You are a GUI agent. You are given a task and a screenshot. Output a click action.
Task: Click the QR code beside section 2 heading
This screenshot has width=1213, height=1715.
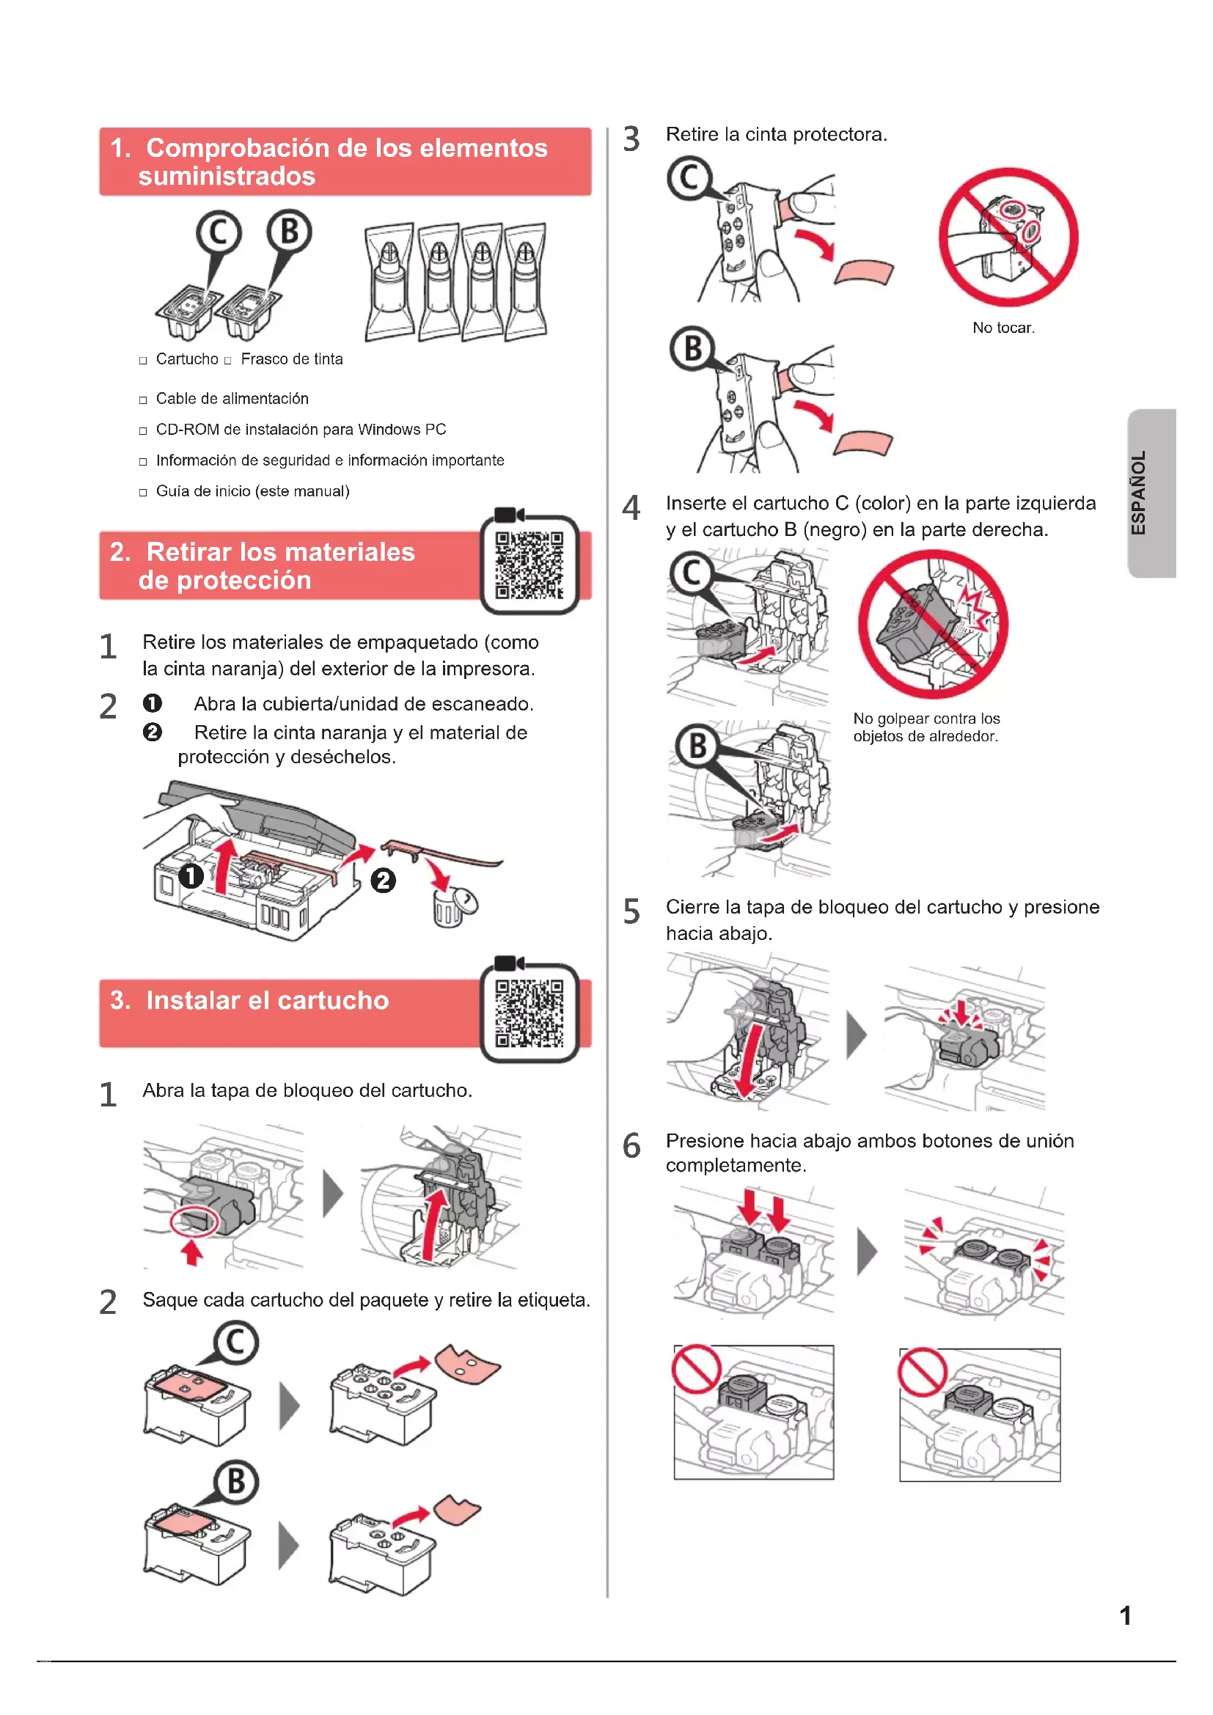click(x=529, y=565)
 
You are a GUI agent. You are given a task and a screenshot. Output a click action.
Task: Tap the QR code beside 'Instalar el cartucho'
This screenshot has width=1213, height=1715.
click(x=529, y=1013)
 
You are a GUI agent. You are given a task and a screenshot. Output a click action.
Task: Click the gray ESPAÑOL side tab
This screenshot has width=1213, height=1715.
click(x=1151, y=493)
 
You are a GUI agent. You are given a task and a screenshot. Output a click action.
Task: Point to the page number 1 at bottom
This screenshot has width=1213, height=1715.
click(x=1125, y=1616)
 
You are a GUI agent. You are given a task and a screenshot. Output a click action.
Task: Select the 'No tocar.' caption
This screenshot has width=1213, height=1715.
click(x=1003, y=328)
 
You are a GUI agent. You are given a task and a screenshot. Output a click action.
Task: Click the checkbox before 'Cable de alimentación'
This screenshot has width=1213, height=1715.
click(x=143, y=400)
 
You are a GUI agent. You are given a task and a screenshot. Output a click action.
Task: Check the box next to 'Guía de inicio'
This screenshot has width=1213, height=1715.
click(x=143, y=493)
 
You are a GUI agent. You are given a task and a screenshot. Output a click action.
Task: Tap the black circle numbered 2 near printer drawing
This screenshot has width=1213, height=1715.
click(x=383, y=881)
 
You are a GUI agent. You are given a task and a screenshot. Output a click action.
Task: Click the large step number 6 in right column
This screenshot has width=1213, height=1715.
click(x=631, y=1146)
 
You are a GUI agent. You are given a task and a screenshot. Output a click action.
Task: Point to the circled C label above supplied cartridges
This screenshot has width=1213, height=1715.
click(x=219, y=233)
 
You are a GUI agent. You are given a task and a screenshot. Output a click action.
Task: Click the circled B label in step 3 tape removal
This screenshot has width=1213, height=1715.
click(x=692, y=348)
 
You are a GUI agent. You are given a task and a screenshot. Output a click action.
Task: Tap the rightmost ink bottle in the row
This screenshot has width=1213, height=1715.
click(x=526, y=281)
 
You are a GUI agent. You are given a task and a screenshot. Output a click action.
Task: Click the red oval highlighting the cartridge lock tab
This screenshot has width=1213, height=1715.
click(x=194, y=1222)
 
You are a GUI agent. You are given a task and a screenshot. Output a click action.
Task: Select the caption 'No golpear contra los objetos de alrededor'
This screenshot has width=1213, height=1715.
click(x=926, y=727)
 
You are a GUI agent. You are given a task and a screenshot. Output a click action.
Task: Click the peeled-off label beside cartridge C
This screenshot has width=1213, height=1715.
click(x=468, y=1364)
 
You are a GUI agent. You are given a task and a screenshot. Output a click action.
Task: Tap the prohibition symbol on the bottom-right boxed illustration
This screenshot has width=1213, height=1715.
click(x=923, y=1372)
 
